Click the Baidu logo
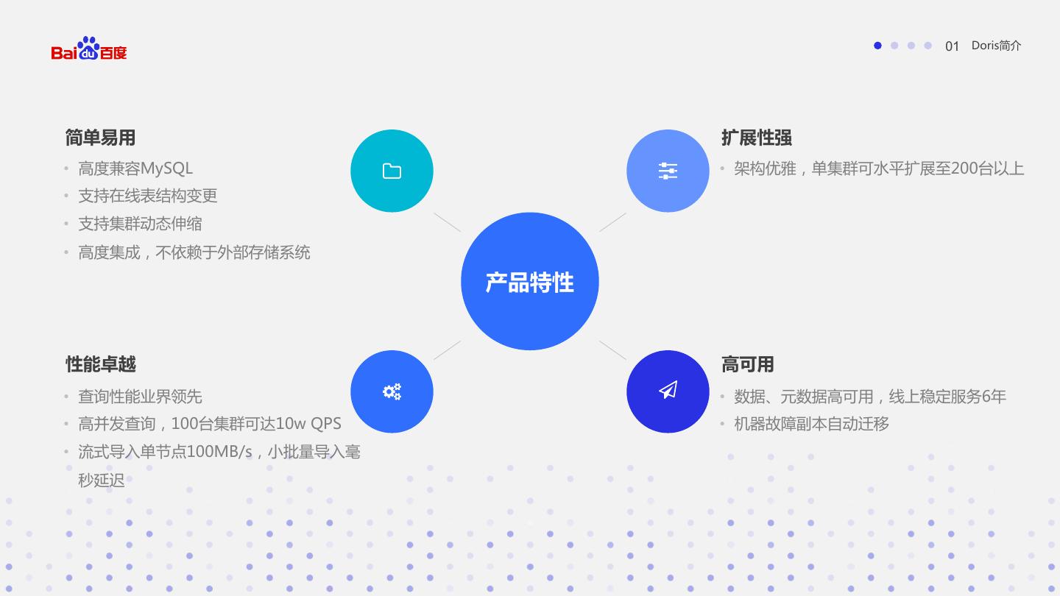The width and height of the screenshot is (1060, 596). click(89, 49)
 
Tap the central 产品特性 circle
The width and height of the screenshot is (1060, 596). click(529, 281)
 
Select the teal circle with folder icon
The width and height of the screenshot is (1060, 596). click(392, 171)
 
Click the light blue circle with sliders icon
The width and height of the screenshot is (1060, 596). click(668, 171)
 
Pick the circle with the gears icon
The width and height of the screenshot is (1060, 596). click(392, 391)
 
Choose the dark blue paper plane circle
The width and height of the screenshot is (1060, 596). click(668, 391)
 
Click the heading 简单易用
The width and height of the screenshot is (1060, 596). click(100, 138)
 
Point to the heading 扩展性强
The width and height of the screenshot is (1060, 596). click(756, 138)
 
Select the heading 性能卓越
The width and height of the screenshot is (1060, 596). click(100, 364)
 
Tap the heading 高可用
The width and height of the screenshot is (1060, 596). click(747, 364)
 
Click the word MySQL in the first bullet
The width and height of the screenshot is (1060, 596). click(166, 168)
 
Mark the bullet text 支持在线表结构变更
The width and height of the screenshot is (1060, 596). click(147, 196)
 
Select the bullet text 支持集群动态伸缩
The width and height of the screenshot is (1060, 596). click(140, 224)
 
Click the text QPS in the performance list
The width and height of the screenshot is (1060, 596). click(325, 424)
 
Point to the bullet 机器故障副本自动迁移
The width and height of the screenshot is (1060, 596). click(811, 424)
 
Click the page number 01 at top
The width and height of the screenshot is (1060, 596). click(952, 46)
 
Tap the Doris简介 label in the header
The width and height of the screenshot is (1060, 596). click(996, 46)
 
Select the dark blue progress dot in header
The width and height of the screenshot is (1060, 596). click(877, 46)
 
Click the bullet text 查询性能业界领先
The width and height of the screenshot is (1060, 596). click(140, 397)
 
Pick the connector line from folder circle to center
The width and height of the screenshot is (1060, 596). click(447, 222)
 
